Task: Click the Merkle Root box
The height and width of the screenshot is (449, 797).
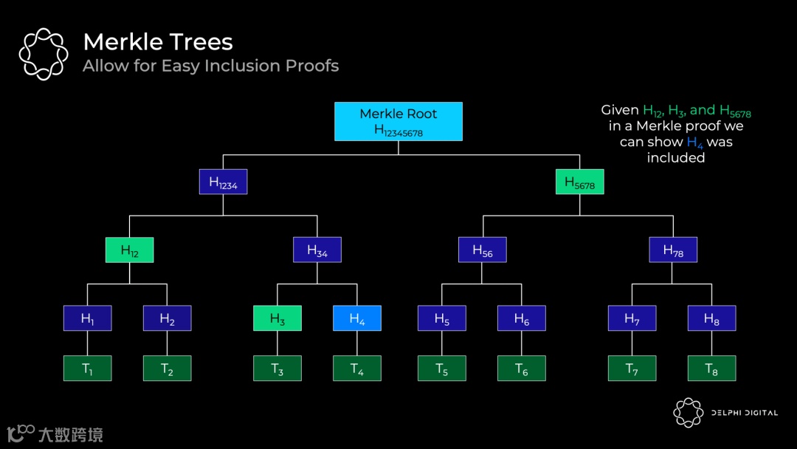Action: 398,121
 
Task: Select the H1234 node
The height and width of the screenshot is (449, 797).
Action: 223,182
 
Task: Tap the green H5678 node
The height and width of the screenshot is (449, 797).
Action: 579,182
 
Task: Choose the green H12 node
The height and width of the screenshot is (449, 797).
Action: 129,250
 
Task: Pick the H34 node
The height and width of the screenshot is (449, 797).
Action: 317,250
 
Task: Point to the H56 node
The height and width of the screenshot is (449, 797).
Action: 482,250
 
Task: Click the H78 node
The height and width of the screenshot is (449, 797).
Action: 673,250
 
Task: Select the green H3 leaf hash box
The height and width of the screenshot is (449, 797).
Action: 277,318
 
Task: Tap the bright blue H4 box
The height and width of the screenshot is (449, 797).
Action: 357,318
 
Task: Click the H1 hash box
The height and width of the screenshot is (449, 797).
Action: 87,318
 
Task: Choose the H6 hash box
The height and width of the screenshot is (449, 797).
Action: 522,318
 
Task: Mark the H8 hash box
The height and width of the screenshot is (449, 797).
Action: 711,318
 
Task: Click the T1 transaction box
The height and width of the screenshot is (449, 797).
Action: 87,369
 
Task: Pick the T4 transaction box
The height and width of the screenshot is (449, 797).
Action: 357,369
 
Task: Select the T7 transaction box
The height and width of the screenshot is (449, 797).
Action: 632,369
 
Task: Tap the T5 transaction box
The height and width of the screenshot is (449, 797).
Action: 442,369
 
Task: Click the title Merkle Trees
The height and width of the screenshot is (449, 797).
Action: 158,41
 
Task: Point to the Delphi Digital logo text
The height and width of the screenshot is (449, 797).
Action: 745,413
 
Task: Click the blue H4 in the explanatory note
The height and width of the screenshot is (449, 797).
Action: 694,143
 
